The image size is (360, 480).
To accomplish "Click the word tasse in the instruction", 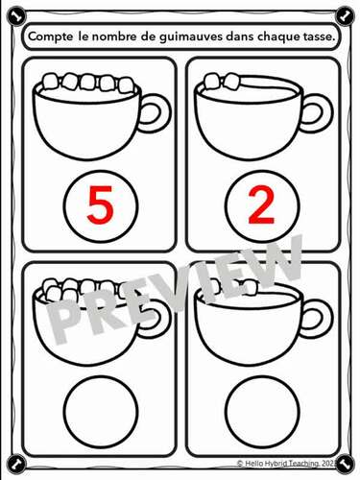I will pos(314,36).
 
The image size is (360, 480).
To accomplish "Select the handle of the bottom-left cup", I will pos(153,317).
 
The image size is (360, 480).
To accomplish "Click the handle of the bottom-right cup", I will pos(315,317).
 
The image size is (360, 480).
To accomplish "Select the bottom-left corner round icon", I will pos(11,467).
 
